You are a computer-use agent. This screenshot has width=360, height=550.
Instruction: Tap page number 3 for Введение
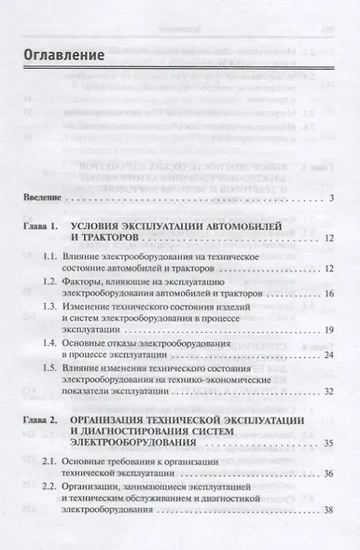tap(331, 199)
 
